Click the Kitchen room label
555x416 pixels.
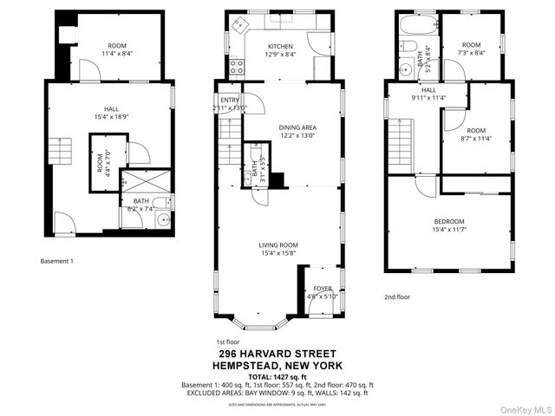tap(280, 51)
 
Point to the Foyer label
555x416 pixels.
tap(323, 293)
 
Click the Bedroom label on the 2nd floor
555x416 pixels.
tap(449, 226)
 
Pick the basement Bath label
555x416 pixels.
tap(140, 205)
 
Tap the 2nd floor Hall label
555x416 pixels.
tap(429, 94)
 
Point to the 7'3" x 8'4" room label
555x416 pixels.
tap(471, 49)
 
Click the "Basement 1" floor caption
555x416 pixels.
tap(57, 261)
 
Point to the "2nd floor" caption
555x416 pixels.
tap(397, 296)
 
